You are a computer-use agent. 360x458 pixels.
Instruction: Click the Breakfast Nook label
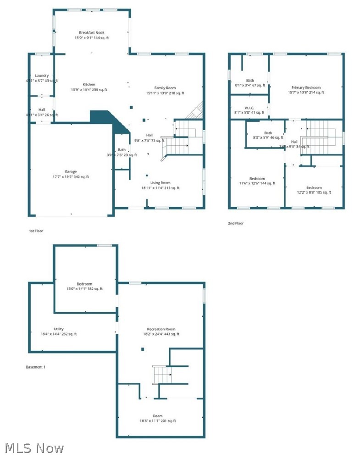pos(92,33)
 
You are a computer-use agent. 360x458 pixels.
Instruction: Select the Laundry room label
pos(42,76)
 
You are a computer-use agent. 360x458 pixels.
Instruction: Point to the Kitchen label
pos(89,84)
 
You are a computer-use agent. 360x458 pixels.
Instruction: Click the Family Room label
pos(165,88)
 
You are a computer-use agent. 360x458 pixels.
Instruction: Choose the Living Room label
pos(160,182)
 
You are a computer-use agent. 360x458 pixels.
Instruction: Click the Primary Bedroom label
pos(306,87)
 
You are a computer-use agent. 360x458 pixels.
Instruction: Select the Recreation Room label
pos(161,329)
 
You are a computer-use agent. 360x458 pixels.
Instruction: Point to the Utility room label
pos(59,329)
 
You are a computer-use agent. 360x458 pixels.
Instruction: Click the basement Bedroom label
pos(84,284)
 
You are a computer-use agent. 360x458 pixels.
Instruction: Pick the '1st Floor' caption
pos(36,232)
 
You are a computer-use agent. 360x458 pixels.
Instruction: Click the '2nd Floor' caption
pos(236,223)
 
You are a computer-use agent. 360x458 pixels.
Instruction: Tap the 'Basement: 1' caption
pos(36,367)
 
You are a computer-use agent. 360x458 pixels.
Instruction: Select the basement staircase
pos(162,374)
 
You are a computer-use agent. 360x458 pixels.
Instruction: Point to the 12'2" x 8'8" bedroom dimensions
pos(314,193)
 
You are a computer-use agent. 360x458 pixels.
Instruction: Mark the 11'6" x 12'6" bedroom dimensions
pos(256,183)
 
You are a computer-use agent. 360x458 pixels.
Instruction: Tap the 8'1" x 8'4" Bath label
pos(250,85)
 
